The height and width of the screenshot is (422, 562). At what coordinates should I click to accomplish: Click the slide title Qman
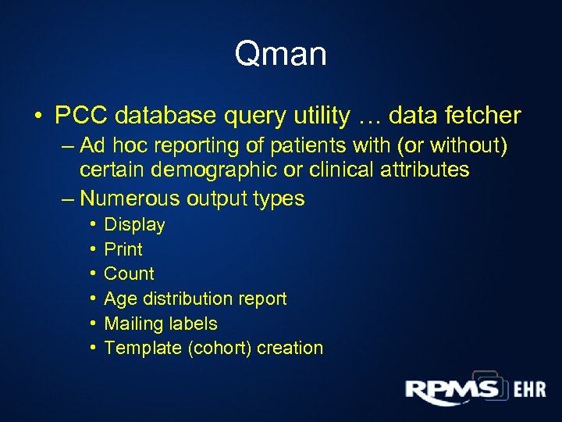coord(280,55)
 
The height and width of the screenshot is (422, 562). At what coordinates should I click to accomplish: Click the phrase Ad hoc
coord(108,146)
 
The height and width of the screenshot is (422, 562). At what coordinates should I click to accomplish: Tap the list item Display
coord(134,225)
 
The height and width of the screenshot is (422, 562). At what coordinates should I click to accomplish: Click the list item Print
coord(123,249)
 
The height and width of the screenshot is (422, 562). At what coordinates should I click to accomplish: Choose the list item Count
coord(129,274)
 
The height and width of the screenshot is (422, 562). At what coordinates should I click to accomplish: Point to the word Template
coord(143,348)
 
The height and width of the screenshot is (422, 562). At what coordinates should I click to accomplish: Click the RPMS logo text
coord(451,388)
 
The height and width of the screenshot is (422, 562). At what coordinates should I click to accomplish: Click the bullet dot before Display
coord(92,225)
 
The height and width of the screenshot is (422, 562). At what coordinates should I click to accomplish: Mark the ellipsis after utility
coord(369,117)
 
